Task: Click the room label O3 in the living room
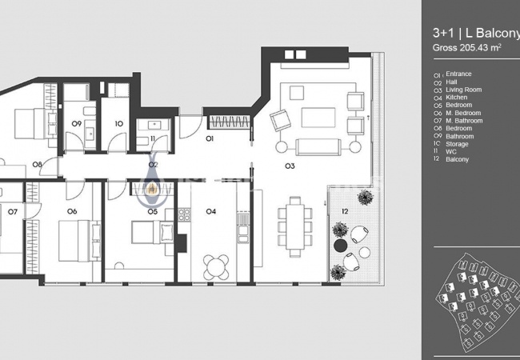click(x=290, y=166)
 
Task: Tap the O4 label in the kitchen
click(x=211, y=211)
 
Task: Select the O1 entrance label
click(x=210, y=138)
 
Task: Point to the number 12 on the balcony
click(x=345, y=211)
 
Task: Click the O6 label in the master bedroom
click(x=72, y=211)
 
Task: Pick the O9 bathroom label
click(x=77, y=124)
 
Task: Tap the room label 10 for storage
click(x=119, y=124)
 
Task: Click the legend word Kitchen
click(x=456, y=98)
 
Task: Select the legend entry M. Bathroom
click(x=464, y=121)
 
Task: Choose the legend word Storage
click(x=457, y=144)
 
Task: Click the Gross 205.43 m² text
click(x=466, y=48)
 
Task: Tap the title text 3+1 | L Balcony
click(x=476, y=33)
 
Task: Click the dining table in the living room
click(x=295, y=226)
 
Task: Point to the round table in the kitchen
click(x=216, y=267)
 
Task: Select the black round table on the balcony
click(x=340, y=246)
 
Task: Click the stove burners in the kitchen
click(x=184, y=215)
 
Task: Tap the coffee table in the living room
click(x=318, y=118)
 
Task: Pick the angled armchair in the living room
click(x=280, y=120)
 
